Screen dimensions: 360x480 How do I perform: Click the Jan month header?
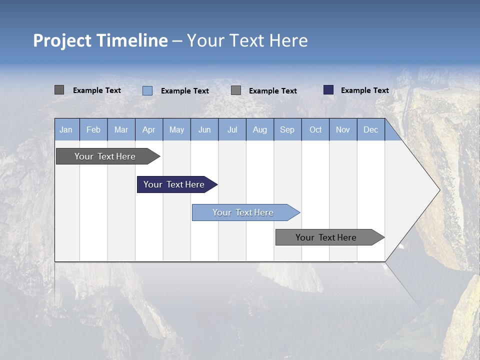(x=66, y=129)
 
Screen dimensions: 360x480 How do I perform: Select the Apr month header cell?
(x=148, y=129)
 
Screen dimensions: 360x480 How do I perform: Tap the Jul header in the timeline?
(x=232, y=129)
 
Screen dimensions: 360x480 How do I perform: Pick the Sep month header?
(x=287, y=129)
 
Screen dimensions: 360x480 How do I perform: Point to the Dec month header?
(x=370, y=129)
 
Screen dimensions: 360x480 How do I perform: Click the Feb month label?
(x=93, y=129)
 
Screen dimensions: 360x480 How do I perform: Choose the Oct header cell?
(x=315, y=129)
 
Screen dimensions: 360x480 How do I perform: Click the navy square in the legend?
(x=328, y=90)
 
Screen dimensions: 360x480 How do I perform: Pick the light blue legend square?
(x=147, y=90)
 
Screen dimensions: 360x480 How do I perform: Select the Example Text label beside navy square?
(x=364, y=90)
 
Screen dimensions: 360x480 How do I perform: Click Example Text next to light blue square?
(x=184, y=91)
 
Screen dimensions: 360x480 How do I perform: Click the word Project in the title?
(x=62, y=40)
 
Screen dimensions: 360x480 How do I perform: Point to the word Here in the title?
(x=288, y=40)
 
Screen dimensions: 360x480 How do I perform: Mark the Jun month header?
(x=204, y=129)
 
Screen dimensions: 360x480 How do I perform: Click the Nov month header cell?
(x=343, y=129)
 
